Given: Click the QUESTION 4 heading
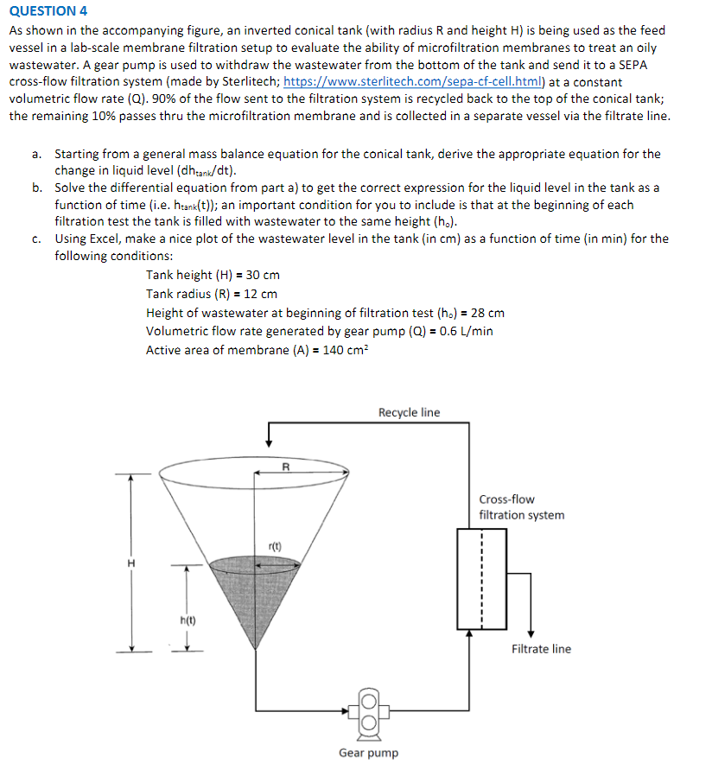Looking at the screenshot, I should [48, 10].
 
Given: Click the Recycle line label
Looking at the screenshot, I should [409, 412].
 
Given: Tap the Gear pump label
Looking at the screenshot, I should [368, 753].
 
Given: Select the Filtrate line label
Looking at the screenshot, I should [541, 649].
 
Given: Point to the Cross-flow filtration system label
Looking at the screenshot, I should [521, 507].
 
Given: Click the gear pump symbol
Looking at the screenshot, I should [366, 709].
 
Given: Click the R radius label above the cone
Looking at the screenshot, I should [286, 467].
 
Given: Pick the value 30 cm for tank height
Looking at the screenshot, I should [257, 275].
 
